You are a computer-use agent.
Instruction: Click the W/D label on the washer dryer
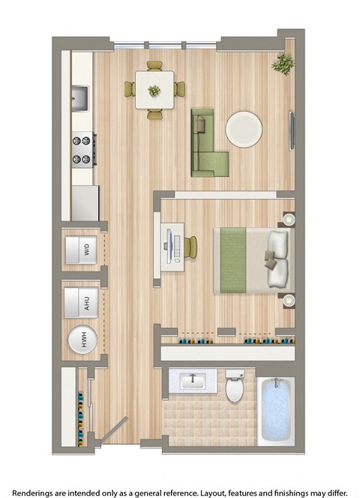(x=87, y=250)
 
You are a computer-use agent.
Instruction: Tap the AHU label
(x=87, y=303)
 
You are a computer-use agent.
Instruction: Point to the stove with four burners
(x=82, y=148)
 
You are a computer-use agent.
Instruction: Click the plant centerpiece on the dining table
(x=154, y=90)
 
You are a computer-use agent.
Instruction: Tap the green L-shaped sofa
(x=206, y=144)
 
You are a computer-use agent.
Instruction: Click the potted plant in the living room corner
(x=283, y=64)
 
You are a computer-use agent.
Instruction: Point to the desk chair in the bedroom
(x=192, y=247)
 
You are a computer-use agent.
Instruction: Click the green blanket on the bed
(x=234, y=260)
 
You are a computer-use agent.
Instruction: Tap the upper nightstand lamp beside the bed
(x=287, y=220)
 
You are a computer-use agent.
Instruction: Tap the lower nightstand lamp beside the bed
(x=287, y=301)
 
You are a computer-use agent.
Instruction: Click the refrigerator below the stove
(x=85, y=202)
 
